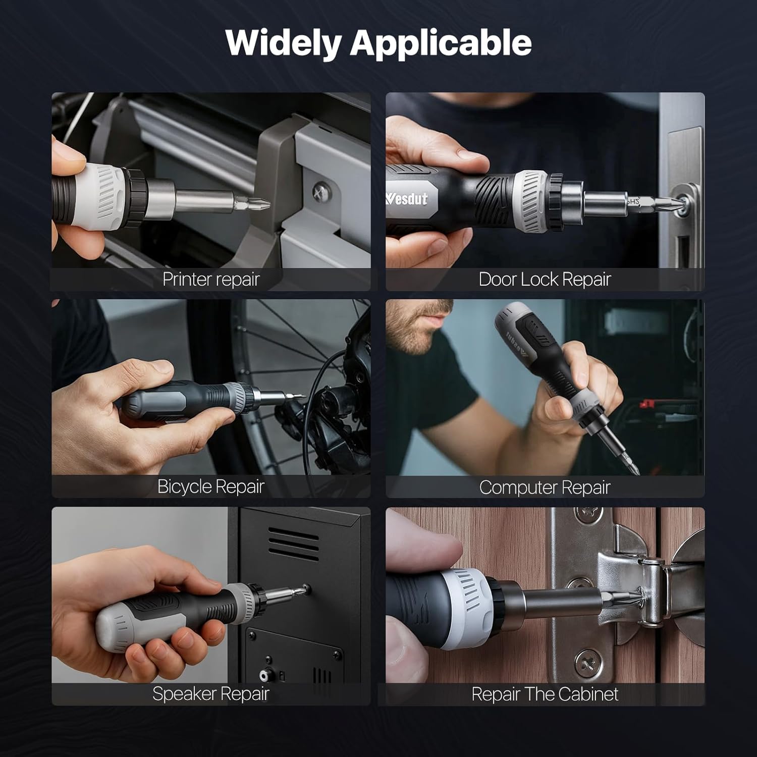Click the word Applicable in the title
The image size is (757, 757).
[x=441, y=43]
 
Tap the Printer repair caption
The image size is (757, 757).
[x=211, y=279]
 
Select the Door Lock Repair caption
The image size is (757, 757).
[x=545, y=279]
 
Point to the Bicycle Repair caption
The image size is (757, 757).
[x=211, y=486]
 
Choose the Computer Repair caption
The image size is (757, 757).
[x=545, y=487]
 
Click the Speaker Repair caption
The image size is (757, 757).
[x=211, y=694]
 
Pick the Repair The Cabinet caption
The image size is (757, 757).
[x=545, y=694]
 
